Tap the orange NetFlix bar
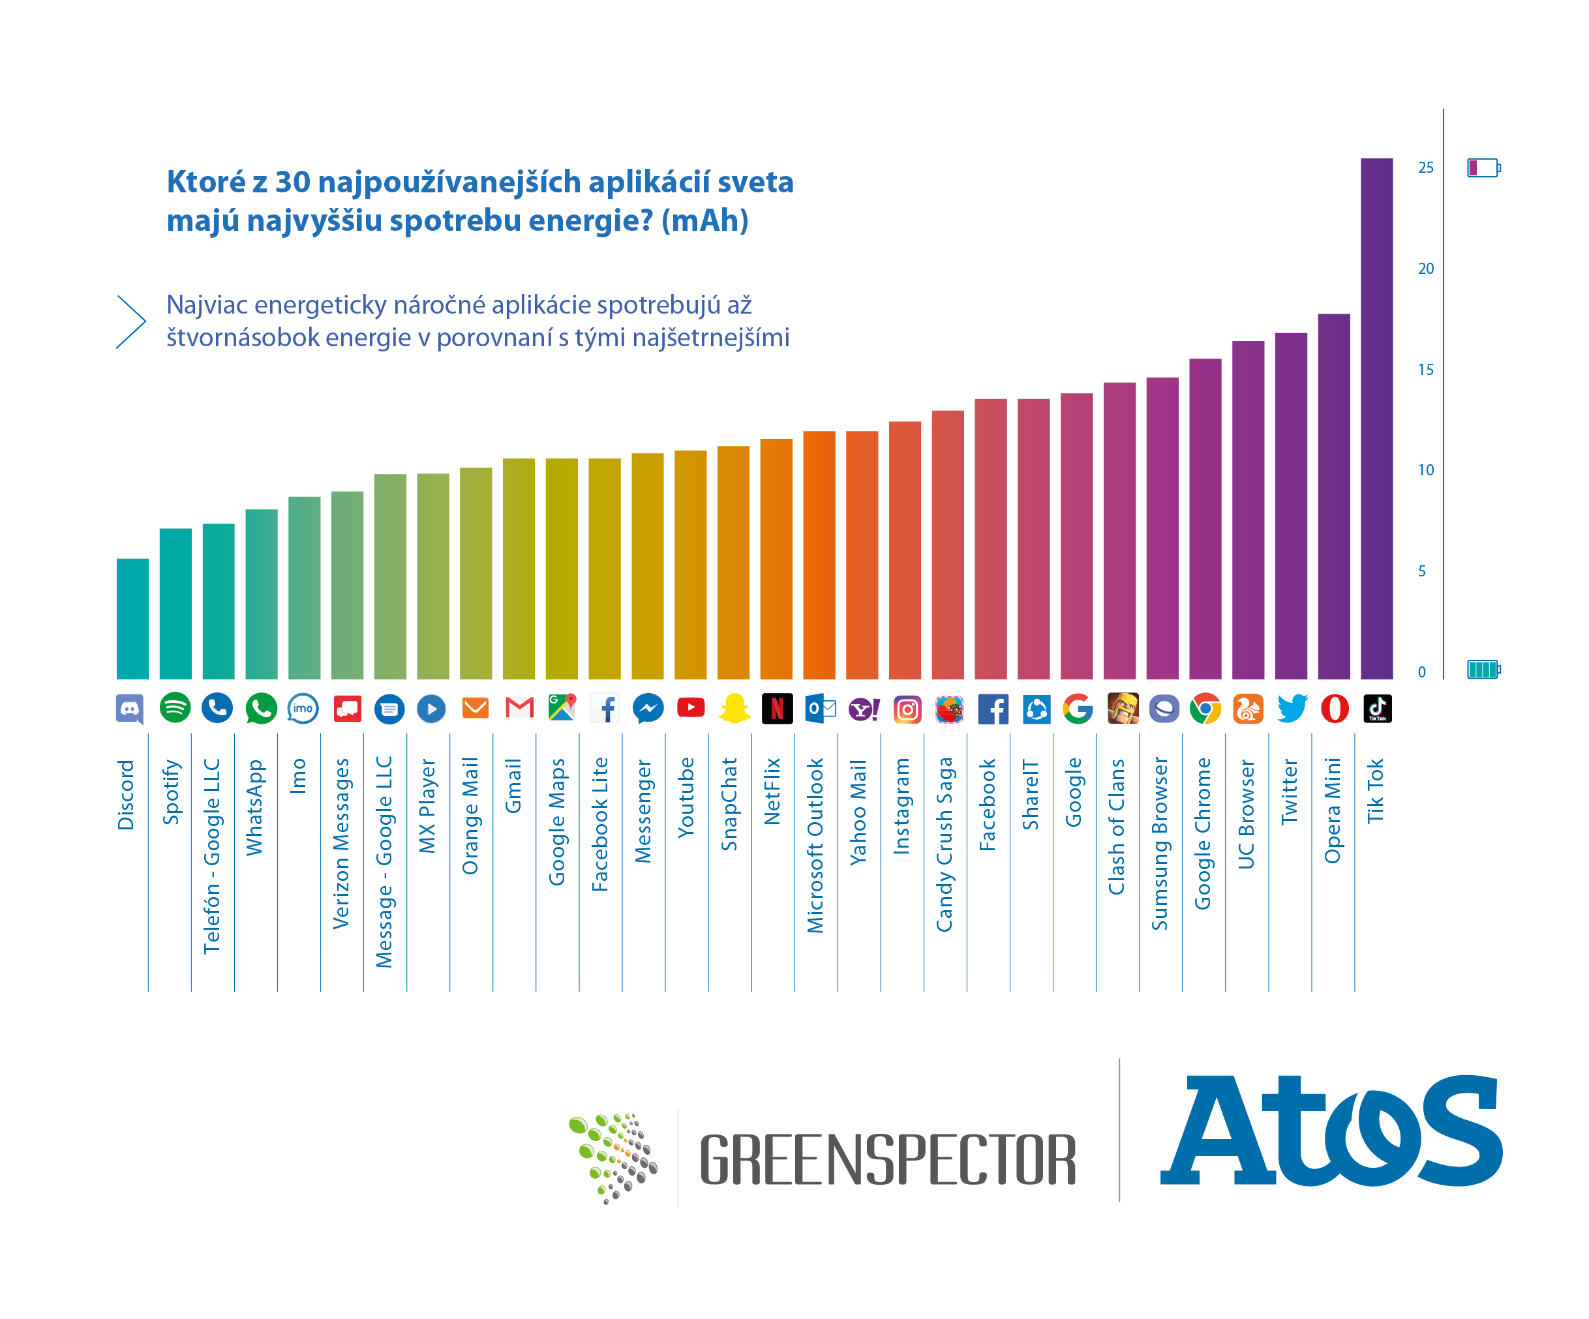pos(776,559)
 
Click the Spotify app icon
pos(175,708)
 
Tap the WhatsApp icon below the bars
pos(261,709)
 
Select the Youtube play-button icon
pos(690,708)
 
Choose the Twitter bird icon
pos(1292,709)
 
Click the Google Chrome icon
pos(1205,709)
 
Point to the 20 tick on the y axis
pos(1425,269)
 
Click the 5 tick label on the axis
pos(1422,571)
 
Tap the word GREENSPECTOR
pos(887,1159)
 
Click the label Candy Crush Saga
pos(945,844)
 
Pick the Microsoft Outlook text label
pos(815,845)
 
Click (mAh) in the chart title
pos(704,221)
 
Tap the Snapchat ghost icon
pos(734,709)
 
